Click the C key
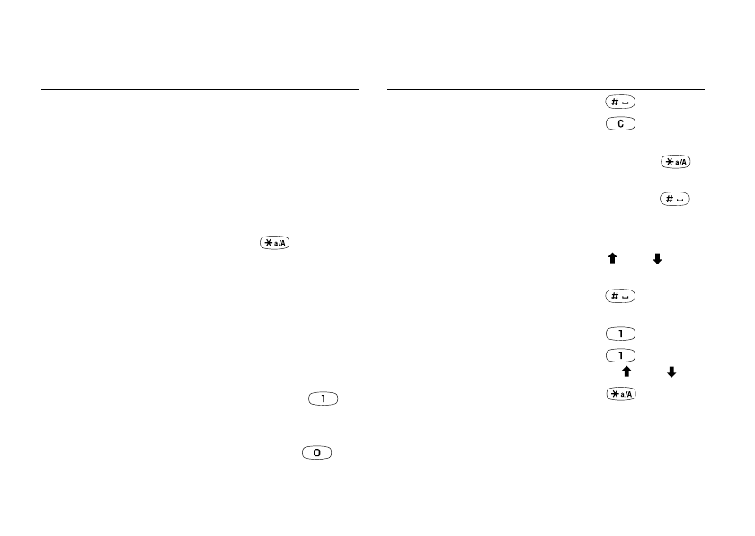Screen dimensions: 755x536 620,124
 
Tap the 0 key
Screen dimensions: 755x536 316,452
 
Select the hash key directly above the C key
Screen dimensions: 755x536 620,103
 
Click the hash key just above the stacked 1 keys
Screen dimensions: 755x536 620,296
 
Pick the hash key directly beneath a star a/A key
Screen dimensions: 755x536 675,199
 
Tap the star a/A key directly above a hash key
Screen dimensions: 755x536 676,162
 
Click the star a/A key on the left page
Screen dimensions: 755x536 274,243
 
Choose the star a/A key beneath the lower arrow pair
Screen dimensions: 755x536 621,394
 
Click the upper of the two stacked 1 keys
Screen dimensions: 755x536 620,334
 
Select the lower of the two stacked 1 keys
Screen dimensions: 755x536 620,355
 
